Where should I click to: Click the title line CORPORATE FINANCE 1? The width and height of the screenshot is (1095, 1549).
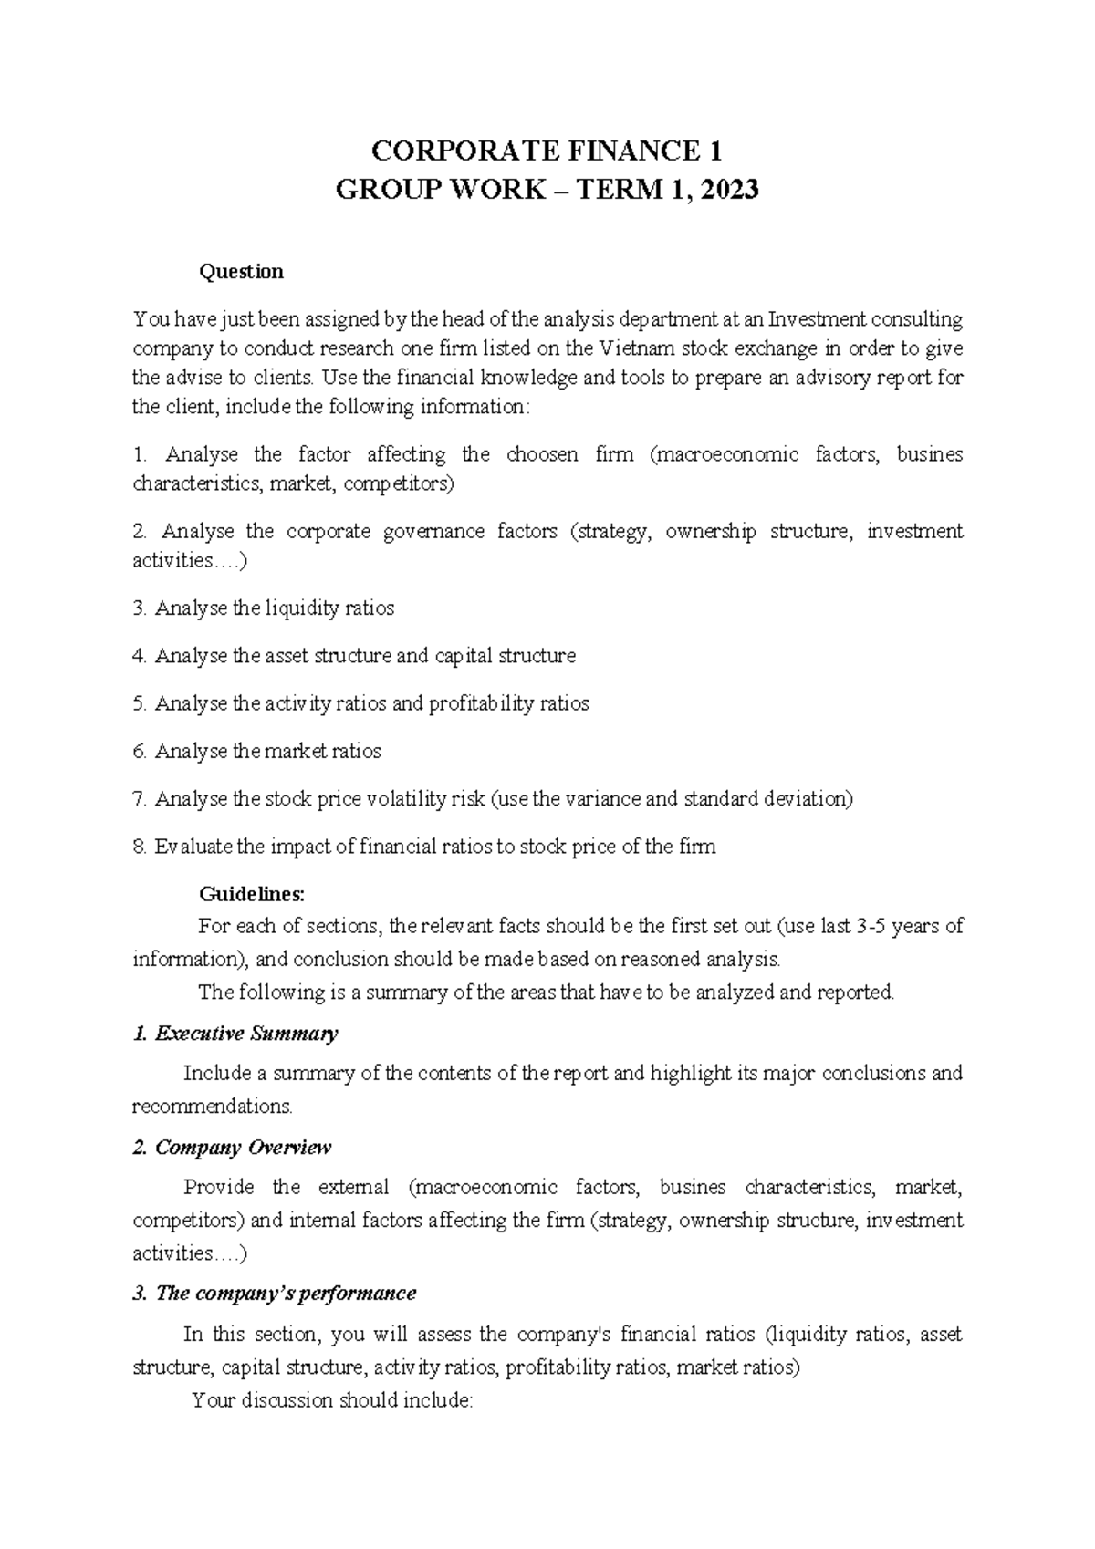(x=547, y=151)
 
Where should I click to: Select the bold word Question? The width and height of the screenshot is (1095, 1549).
(x=242, y=272)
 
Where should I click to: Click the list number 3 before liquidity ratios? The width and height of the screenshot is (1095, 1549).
(x=139, y=608)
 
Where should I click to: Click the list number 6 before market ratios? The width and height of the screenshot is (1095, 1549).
(x=139, y=752)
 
